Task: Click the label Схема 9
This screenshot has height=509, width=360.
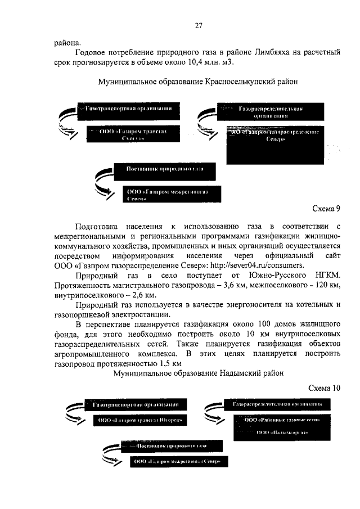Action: coord(326,208)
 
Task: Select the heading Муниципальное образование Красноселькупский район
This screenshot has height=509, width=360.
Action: coord(197,82)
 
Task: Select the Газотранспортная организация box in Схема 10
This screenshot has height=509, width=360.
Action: coord(136,404)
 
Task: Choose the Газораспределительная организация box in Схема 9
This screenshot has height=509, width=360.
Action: coord(271,111)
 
